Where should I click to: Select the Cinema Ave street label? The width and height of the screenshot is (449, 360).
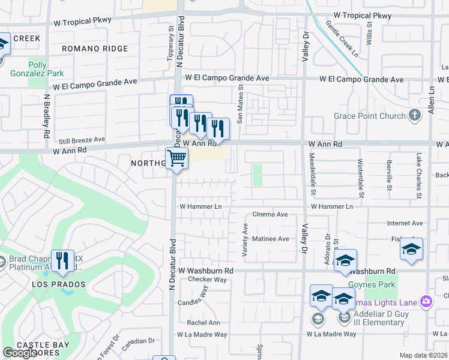[x=270, y=214]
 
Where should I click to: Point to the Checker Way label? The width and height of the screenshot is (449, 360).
[x=207, y=280]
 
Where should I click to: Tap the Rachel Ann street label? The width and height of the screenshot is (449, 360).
[x=203, y=322]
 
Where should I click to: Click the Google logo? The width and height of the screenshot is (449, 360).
[x=20, y=353]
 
